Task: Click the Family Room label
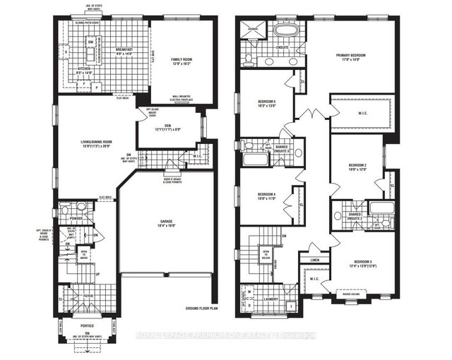pos(182,59)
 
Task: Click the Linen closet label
pos(316,259)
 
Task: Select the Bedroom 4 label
pos(266,193)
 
